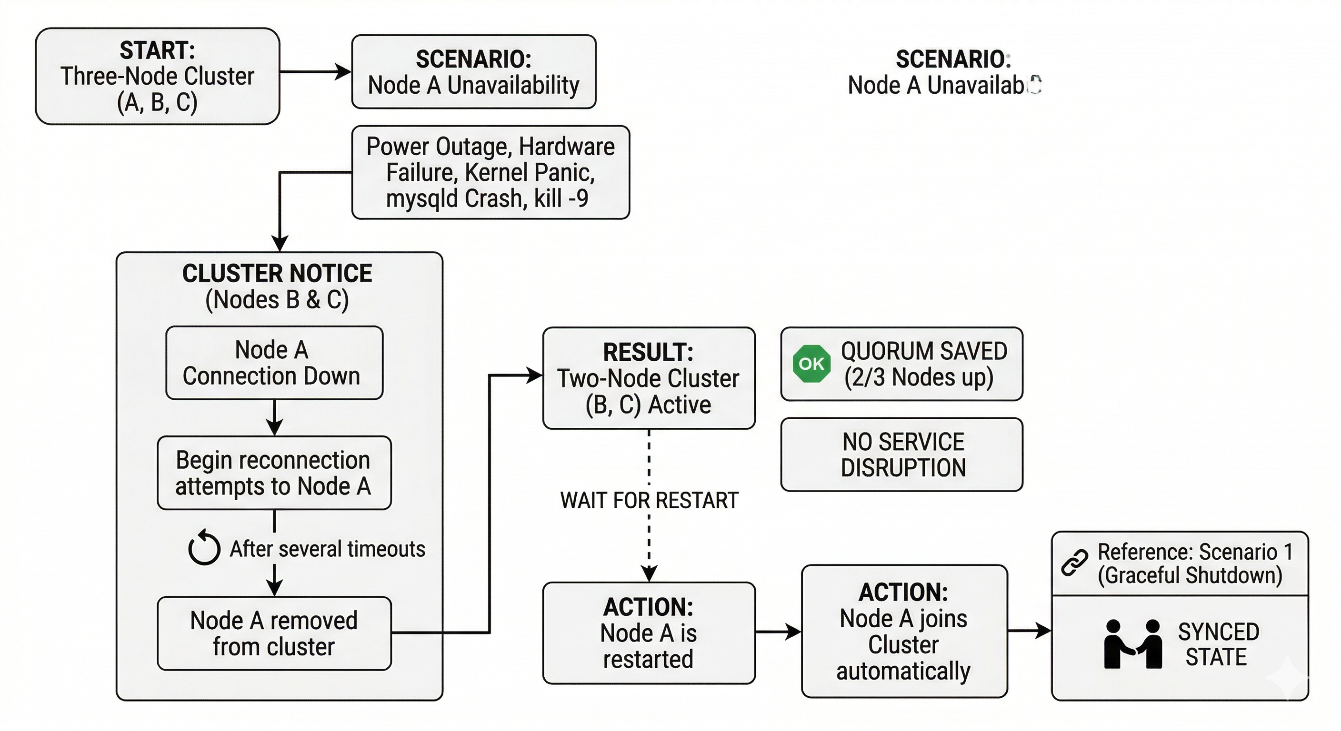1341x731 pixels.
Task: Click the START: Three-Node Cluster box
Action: click(157, 76)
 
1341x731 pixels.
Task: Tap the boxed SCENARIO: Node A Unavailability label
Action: click(473, 72)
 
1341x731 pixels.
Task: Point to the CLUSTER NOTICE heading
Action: click(277, 274)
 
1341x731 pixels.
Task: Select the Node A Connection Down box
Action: click(274, 363)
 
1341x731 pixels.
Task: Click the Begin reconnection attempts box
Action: click(274, 473)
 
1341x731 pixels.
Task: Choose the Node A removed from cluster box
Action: click(274, 633)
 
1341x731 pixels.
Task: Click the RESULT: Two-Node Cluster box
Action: click(648, 378)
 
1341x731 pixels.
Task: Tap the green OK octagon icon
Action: click(811, 364)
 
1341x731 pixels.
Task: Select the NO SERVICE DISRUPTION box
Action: click(901, 454)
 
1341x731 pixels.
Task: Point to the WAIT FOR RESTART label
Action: click(649, 501)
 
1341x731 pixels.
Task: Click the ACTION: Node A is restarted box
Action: click(648, 632)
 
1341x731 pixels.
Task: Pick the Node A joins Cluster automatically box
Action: click(904, 631)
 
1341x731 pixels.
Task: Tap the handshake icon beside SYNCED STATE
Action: click(1133, 644)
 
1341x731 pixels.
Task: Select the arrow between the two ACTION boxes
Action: click(778, 632)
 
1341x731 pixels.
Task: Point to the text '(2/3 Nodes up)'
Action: click(918, 377)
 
